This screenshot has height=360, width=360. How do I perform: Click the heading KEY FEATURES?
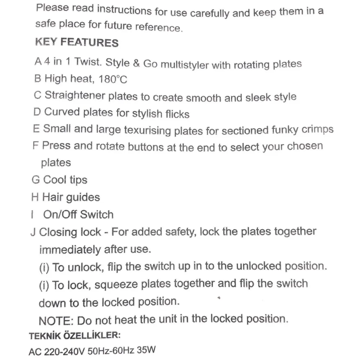[76, 42]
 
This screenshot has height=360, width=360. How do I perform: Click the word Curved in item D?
[62, 112]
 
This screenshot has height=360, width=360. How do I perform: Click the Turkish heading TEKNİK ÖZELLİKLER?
[74, 336]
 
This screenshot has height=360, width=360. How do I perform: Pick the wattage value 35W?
[149, 350]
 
